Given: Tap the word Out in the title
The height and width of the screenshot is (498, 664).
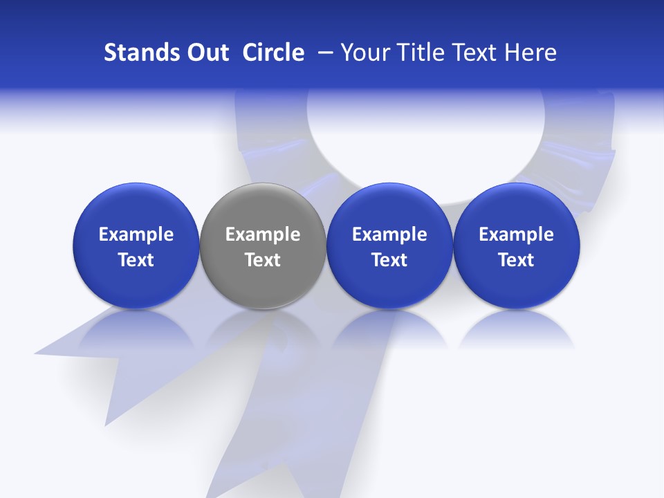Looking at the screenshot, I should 206,53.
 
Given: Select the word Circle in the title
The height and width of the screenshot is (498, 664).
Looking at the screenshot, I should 273,53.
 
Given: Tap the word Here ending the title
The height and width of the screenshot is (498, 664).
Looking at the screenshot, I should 531,53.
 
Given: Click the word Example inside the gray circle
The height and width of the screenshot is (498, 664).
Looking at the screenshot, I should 262,234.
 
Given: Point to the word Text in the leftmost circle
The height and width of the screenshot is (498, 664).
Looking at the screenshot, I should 136,260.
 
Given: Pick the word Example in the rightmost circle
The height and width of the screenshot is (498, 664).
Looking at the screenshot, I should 516,234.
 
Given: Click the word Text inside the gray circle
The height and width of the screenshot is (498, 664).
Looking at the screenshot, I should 262,260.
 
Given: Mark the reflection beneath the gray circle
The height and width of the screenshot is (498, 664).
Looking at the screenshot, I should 262,329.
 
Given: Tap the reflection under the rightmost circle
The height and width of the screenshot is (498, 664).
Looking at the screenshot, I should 516,329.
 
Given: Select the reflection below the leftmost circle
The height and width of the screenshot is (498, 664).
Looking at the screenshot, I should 136,329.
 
